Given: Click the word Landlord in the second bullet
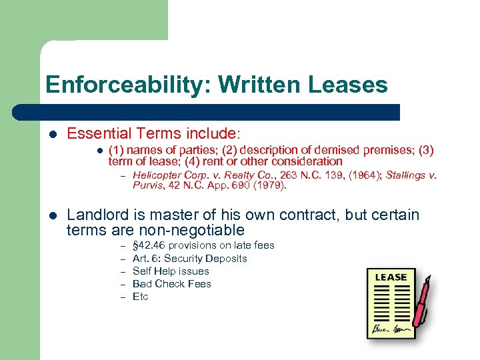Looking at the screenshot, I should click(x=95, y=215).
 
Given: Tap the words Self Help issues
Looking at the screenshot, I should click(x=171, y=271).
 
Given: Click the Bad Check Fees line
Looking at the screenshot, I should click(x=171, y=283).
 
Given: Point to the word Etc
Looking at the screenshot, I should click(x=140, y=296).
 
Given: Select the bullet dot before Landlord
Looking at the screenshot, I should click(x=53, y=215).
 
